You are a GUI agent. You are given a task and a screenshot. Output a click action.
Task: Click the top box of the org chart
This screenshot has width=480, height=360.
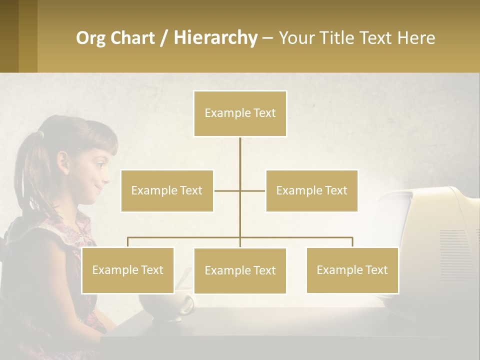240,113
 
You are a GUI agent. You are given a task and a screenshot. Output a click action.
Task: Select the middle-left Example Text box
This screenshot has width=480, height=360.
167,190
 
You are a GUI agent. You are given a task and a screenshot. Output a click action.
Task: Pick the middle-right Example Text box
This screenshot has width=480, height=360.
311,190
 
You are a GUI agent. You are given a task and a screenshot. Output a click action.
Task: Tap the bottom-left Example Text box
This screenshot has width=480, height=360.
127,270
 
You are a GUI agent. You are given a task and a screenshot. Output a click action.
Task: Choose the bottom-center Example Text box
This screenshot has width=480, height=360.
240,270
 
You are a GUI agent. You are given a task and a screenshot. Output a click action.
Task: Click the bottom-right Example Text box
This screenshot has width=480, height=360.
352,270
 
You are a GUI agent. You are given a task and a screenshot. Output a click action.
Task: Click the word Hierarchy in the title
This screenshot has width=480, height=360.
215,37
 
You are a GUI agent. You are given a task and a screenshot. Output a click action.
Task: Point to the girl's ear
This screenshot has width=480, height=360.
63,162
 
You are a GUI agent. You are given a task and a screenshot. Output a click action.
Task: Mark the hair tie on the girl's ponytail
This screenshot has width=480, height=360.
41,134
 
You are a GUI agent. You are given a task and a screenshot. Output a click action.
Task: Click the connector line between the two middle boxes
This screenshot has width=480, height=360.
240,190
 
